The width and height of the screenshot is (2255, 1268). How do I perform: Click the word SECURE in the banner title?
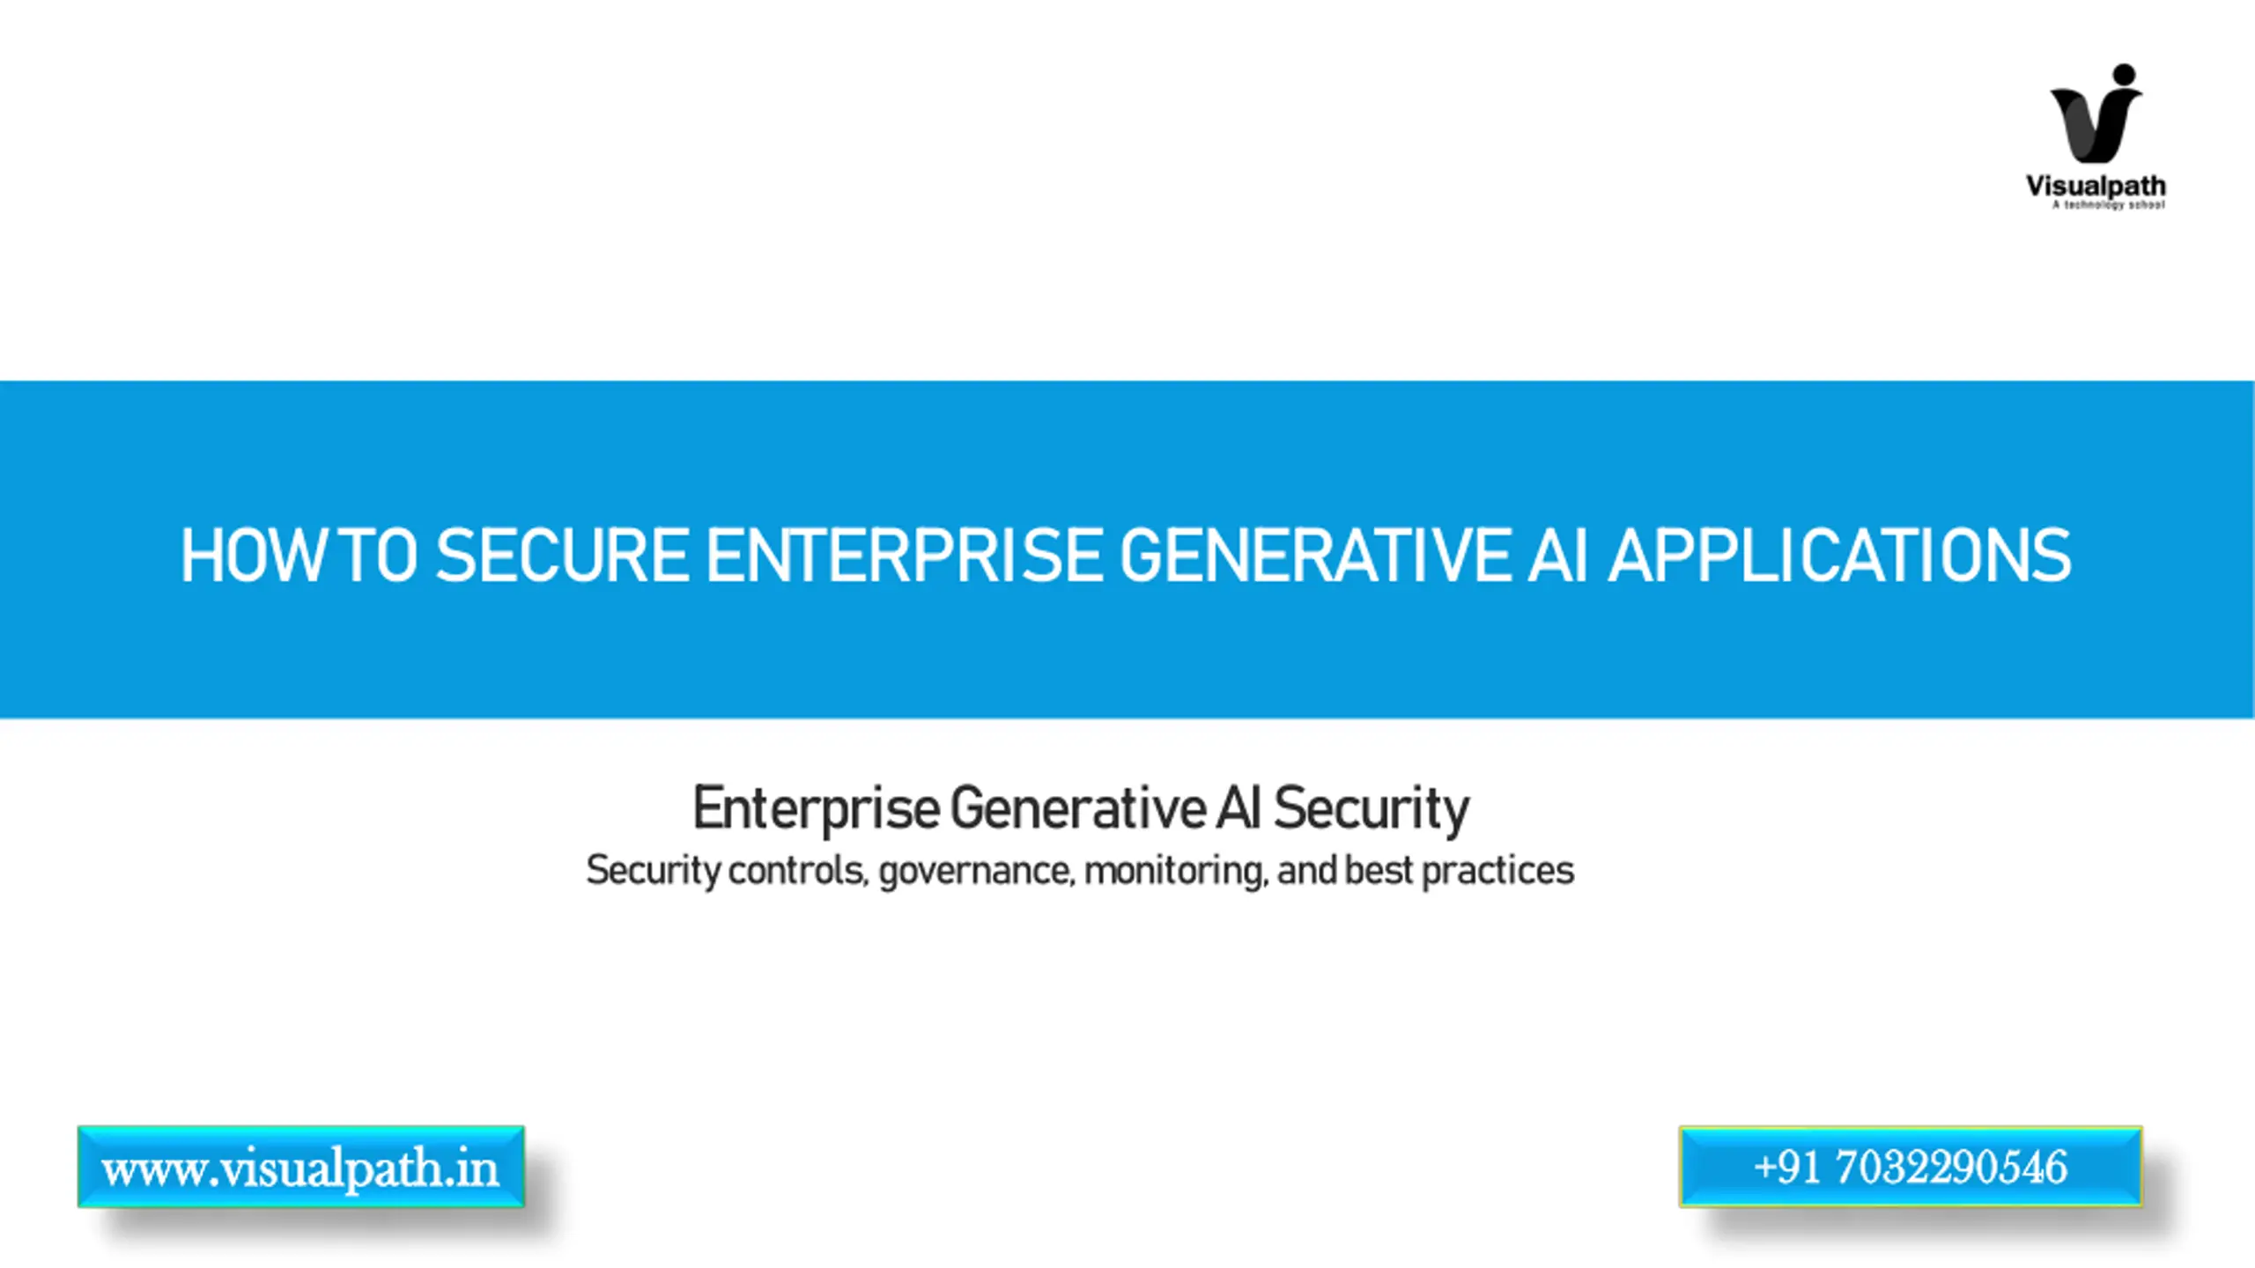[x=563, y=556]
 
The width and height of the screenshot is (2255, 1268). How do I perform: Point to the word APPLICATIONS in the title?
[x=1839, y=556]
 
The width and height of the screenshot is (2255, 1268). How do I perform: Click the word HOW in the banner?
[x=252, y=556]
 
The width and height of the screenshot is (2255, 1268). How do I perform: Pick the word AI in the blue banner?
[x=1559, y=556]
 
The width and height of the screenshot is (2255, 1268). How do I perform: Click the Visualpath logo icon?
[x=2096, y=114]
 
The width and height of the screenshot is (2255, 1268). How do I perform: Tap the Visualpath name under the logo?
[x=2096, y=187]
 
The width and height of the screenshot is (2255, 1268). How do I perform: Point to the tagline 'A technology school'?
[x=2108, y=205]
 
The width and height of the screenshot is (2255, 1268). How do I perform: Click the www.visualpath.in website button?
[x=301, y=1167]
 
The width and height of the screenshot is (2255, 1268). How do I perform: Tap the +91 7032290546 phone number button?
[x=1911, y=1167]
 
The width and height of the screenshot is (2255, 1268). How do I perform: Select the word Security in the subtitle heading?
[x=1371, y=808]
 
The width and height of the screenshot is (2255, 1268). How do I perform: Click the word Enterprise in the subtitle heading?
[x=817, y=808]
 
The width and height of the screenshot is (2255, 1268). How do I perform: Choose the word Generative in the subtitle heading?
[x=1077, y=808]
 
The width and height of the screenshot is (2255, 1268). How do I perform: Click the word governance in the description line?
[x=977, y=871]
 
